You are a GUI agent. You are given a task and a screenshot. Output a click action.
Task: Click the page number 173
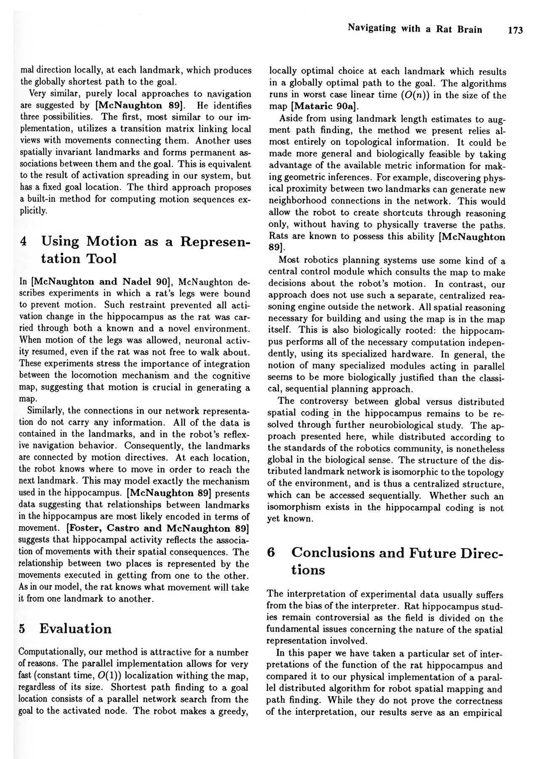[x=515, y=30]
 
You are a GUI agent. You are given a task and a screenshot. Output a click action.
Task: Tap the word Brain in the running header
[x=470, y=29]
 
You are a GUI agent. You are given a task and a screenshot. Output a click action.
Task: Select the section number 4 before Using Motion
[x=24, y=242]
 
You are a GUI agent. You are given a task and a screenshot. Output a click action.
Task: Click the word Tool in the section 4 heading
[x=101, y=258]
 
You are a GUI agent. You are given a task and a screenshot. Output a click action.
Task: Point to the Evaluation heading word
[x=76, y=629]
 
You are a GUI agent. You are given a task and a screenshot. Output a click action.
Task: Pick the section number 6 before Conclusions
[x=272, y=552]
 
